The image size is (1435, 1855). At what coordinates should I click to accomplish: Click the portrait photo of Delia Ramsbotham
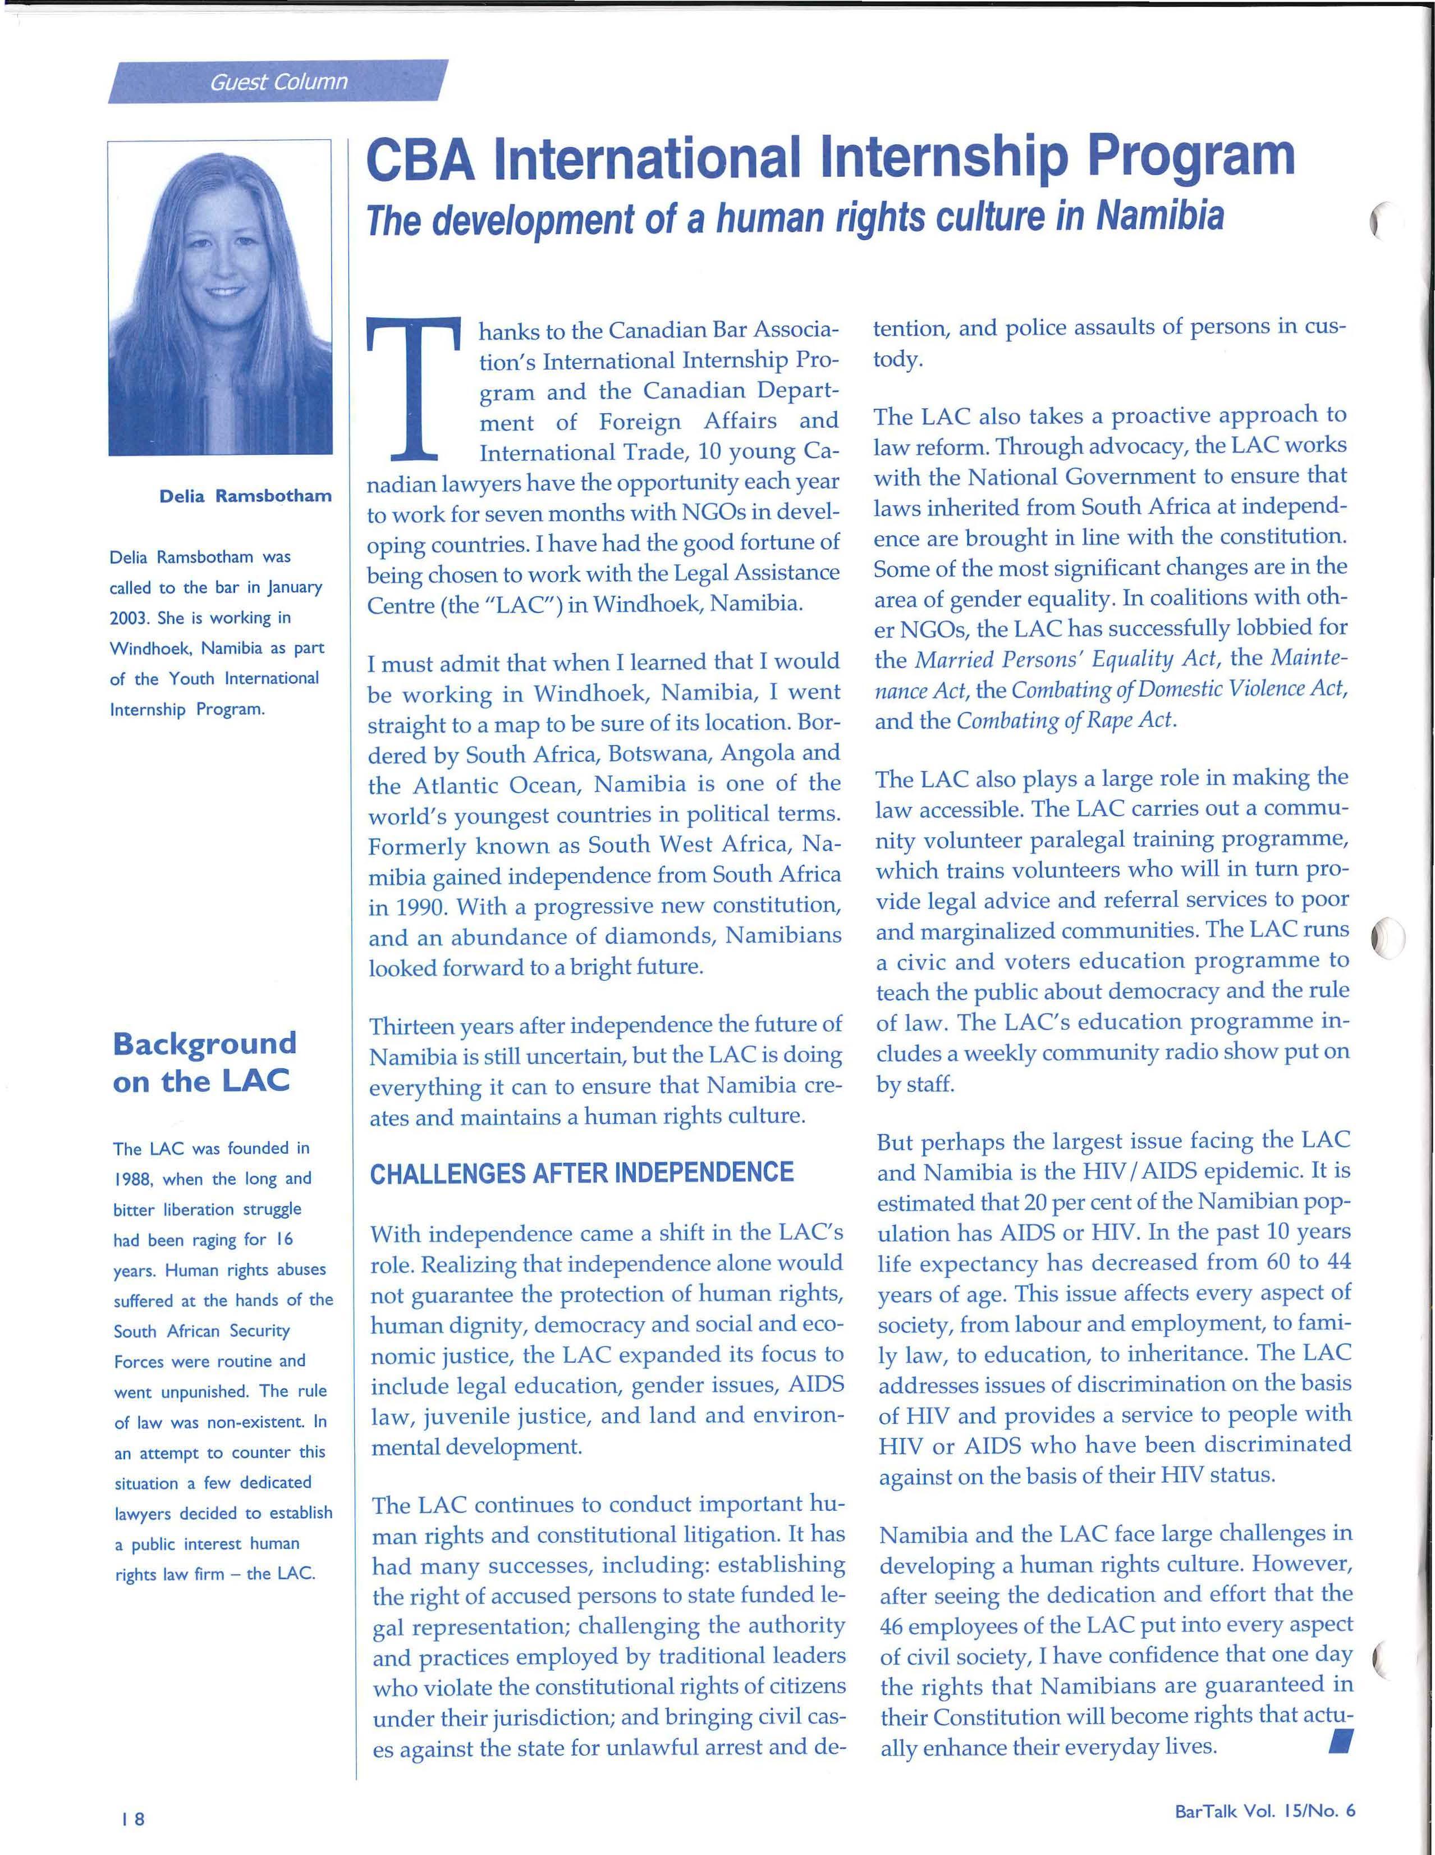pyautogui.click(x=220, y=297)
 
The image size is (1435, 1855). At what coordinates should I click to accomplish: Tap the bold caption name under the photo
pyautogui.click(x=245, y=496)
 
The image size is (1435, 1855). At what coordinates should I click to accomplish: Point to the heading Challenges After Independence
pyautogui.click(x=581, y=1173)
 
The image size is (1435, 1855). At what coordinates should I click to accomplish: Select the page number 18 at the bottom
pyautogui.click(x=132, y=1819)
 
